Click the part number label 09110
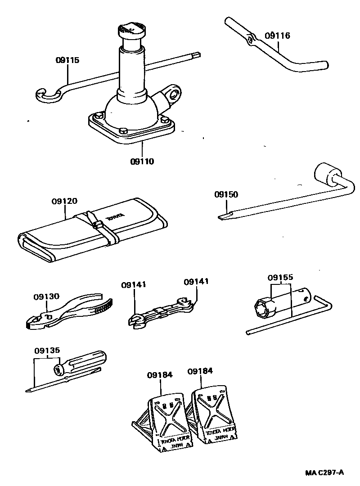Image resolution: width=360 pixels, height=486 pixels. [142, 161]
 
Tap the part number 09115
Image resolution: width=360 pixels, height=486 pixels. [67, 60]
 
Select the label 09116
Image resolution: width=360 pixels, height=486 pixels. [277, 36]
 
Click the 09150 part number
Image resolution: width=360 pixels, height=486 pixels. [226, 195]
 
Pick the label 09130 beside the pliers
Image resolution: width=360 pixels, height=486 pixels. [46, 297]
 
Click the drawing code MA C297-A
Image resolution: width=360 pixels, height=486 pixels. [324, 472]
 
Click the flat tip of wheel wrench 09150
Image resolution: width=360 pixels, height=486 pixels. [223, 217]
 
